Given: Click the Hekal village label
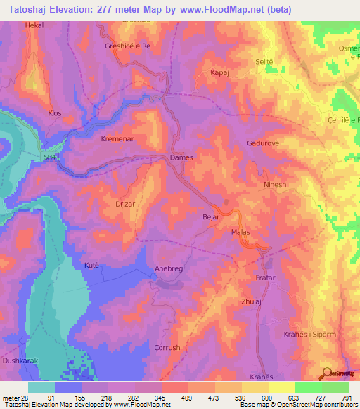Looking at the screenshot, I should [34, 25].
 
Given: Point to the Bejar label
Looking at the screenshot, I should [211, 218].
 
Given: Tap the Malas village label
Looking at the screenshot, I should [240, 231].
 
